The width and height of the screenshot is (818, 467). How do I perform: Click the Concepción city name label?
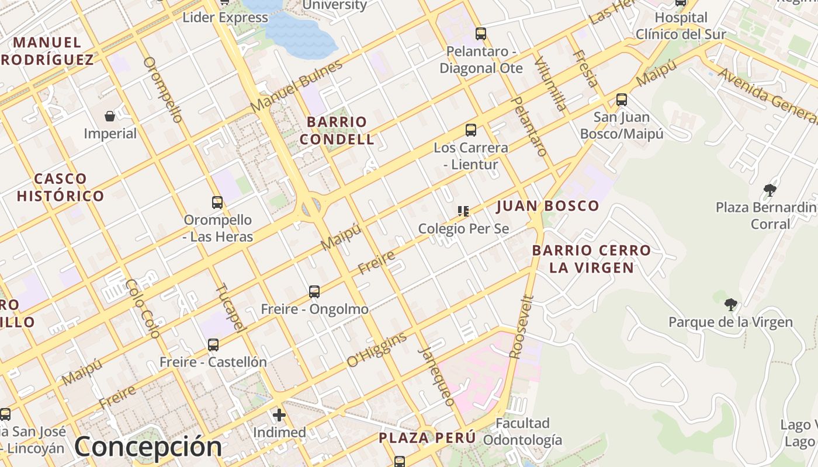148,447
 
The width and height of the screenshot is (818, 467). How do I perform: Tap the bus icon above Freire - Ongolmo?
314,291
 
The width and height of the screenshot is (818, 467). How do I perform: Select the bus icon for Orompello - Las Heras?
217,203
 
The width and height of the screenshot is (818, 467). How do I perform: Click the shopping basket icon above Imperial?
110,116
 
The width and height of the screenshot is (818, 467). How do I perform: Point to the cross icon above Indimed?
279,415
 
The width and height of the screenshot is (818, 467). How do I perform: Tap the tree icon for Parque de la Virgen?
730,304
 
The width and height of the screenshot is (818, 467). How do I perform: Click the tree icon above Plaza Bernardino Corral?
770,190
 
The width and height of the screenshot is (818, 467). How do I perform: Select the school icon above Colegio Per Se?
463,211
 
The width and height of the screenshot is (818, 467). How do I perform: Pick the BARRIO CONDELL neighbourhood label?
337,131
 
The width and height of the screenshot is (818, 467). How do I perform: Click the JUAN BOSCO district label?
547,205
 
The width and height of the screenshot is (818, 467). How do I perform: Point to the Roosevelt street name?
522,327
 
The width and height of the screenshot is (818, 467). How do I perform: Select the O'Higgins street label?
377,350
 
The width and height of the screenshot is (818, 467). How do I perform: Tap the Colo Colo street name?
142,309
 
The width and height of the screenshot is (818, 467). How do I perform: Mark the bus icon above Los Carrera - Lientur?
470,130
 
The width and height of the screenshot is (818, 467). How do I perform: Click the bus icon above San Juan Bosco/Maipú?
622,100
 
